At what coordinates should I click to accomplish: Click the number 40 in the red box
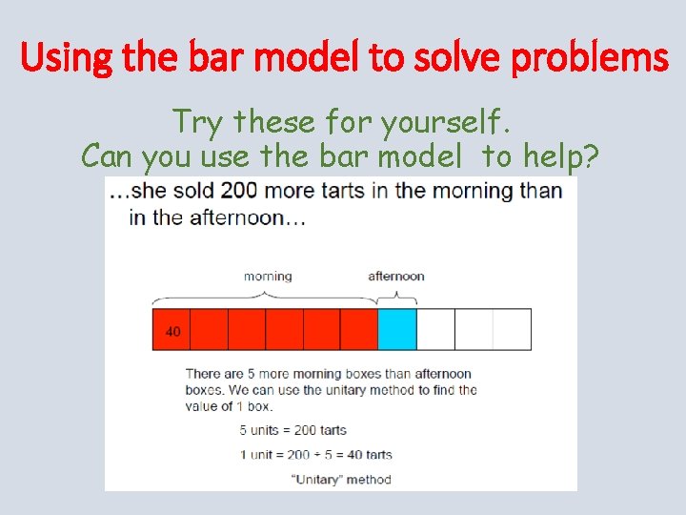coord(172,332)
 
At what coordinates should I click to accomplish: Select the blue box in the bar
coord(397,329)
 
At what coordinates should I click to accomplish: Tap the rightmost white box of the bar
coord(512,329)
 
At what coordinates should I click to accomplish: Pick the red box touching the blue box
coord(359,329)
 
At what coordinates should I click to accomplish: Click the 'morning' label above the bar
coord(268,277)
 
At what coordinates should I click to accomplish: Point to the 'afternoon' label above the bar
coord(396,277)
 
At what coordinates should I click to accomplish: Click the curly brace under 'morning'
coord(266,295)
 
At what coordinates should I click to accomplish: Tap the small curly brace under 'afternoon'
coord(396,295)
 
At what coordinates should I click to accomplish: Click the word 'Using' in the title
coord(61,59)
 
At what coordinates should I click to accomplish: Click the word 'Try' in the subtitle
coord(199,122)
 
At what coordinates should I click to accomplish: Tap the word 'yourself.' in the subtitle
coord(447,122)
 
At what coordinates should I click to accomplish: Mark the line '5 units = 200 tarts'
coord(293,430)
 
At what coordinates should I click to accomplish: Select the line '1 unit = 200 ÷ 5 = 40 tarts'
coord(315,455)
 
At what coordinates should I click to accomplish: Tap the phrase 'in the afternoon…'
coord(217,217)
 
